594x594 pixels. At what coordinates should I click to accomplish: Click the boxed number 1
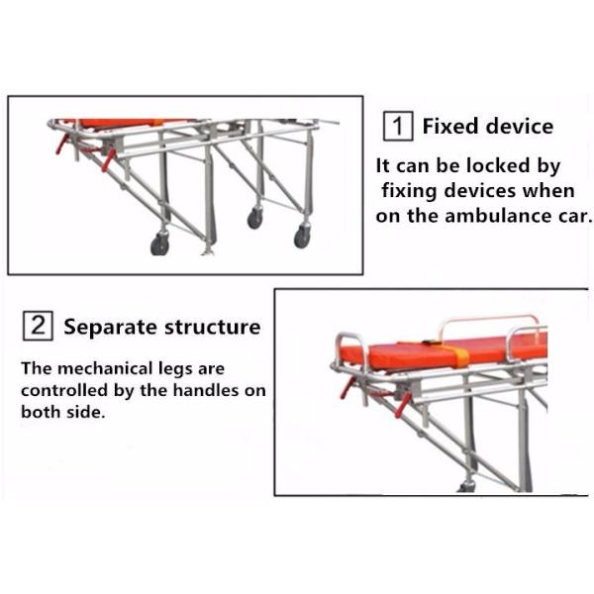point(398,127)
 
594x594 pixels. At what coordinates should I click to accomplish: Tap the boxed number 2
point(38,326)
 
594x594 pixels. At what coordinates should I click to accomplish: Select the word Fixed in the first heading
point(450,127)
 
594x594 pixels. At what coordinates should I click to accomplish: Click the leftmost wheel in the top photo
point(159,244)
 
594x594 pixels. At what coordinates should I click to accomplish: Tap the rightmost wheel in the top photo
point(302,238)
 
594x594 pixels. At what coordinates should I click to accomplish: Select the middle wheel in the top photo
point(255,219)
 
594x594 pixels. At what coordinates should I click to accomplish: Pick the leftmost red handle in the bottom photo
point(347,387)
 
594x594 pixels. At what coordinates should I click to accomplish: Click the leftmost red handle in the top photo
point(62,145)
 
